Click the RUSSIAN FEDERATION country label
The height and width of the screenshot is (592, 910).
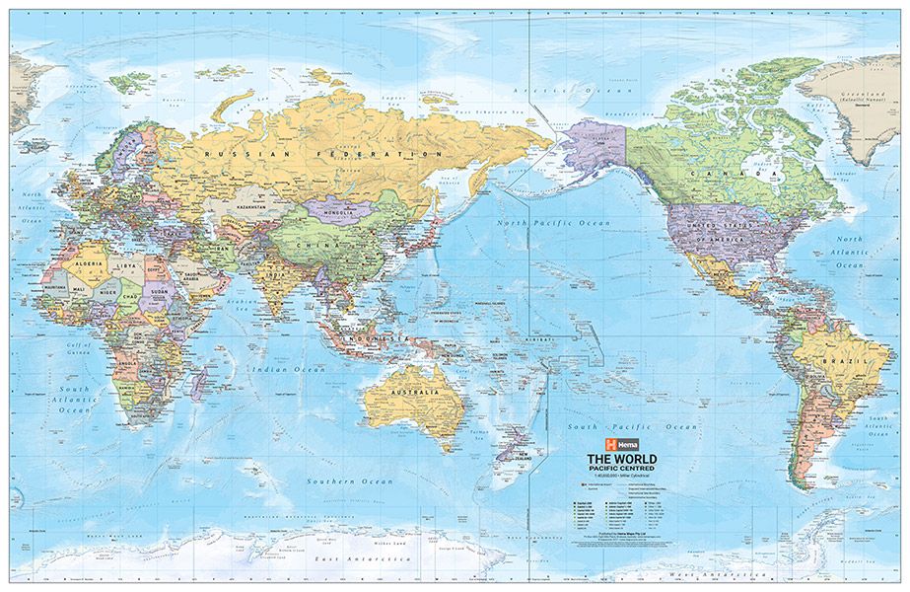(321, 156)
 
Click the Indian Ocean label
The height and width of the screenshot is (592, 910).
(279, 370)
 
